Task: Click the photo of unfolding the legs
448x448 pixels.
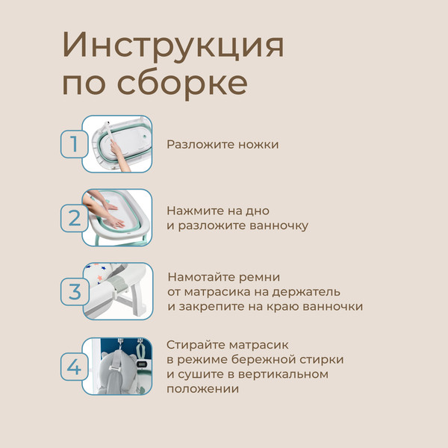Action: click(117, 144)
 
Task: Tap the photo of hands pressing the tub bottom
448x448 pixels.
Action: click(117, 217)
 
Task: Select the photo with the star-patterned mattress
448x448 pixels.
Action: click(117, 291)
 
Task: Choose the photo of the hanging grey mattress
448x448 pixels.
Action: click(117, 366)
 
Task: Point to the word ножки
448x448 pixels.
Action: click(257, 144)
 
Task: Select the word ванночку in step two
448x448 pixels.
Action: click(271, 225)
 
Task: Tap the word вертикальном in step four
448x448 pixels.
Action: click(286, 374)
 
